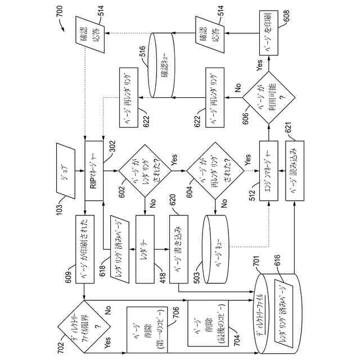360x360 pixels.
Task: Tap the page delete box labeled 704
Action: [x=203, y=326]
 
